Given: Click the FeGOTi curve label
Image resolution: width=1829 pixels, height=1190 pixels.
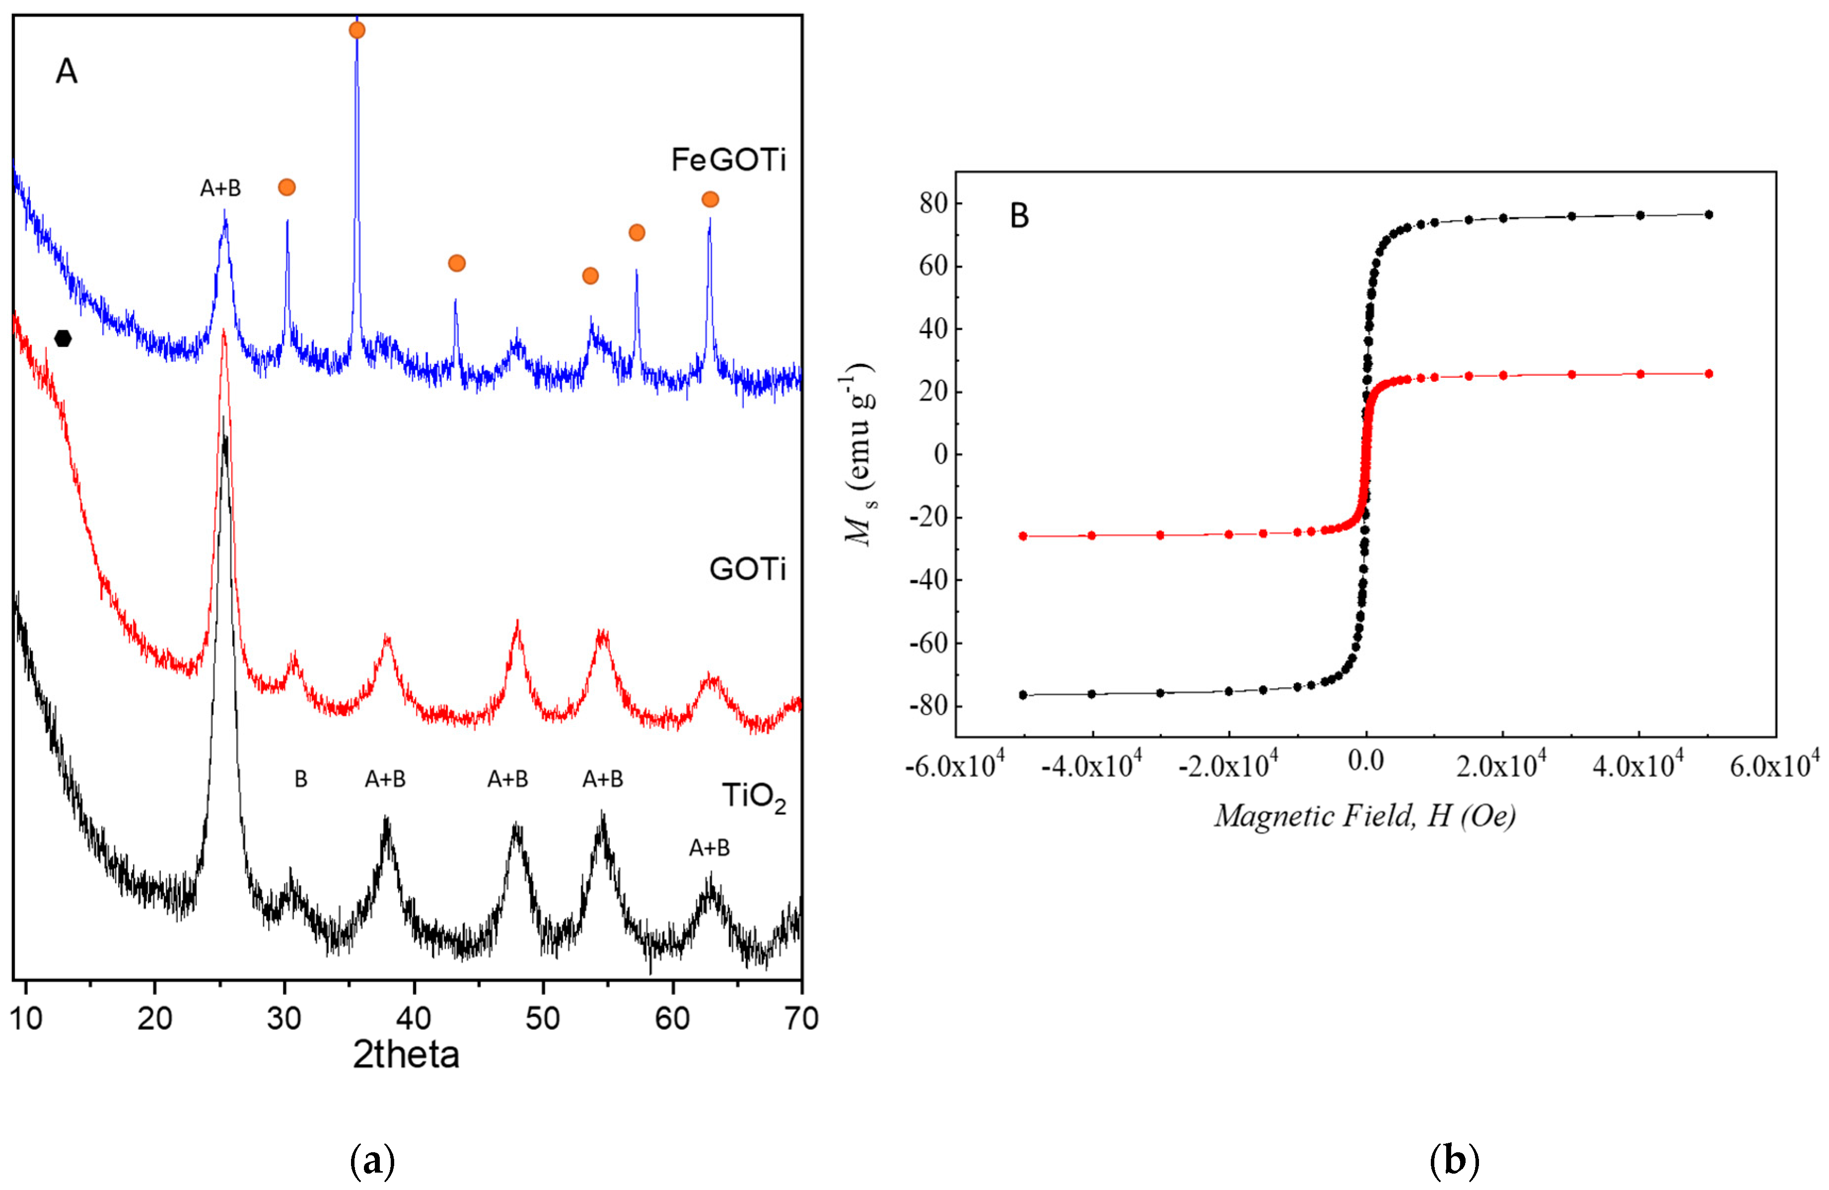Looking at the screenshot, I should [728, 160].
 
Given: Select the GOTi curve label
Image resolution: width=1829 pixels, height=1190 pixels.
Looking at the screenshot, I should [747, 569].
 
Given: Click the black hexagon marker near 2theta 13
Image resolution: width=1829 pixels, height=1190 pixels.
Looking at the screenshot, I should [63, 338].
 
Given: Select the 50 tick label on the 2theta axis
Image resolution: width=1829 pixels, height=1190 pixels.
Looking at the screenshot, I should [543, 1019].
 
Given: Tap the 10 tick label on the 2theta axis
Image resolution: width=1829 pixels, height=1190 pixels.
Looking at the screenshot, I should [26, 1019].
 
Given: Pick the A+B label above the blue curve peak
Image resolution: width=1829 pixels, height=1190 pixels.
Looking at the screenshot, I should [220, 188].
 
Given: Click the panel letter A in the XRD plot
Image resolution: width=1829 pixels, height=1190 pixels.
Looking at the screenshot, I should [67, 72].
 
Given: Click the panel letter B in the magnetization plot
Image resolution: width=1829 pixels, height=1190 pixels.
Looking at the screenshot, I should [1019, 216].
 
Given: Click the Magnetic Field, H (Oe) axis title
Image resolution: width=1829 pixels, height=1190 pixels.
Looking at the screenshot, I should [1365, 816].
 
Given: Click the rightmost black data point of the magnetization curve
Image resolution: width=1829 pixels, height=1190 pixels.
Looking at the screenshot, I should [1708, 214].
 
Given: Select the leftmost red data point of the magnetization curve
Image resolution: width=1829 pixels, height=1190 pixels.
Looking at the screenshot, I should [1023, 536].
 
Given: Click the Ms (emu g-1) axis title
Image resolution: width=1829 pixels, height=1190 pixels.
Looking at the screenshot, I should [861, 455].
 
